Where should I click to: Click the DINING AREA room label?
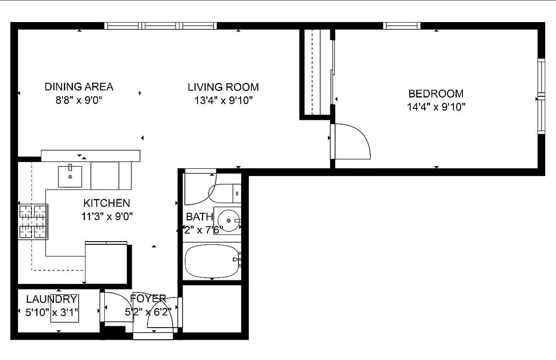pos(79,86)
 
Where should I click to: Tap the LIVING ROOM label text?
pos(223,87)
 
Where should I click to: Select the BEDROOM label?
pos(435,94)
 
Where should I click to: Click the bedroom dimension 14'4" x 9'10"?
pos(435,107)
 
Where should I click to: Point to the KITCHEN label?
pos(107,203)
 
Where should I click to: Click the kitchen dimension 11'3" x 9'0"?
pos(107,216)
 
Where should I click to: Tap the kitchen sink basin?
pos(70,176)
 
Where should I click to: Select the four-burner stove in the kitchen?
pos(33,222)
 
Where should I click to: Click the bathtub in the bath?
pos(211,261)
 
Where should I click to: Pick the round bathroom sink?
pos(229,220)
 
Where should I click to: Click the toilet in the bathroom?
pos(225,193)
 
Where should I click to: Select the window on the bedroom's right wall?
pos(542,96)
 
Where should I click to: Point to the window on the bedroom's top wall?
pos(402,26)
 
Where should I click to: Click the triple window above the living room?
pos(161,26)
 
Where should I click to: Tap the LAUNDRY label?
pos(51,299)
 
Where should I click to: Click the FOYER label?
pos(148,298)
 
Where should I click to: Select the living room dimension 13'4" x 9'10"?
pos(223,100)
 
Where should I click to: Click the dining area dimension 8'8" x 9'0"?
pos(79,100)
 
